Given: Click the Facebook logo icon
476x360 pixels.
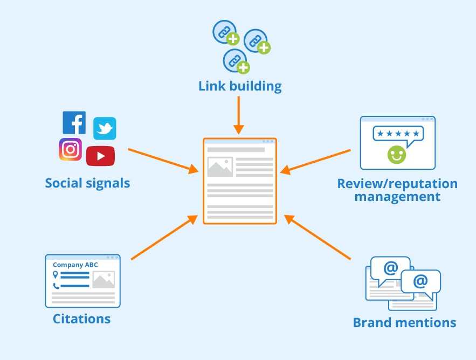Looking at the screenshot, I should tap(74, 122).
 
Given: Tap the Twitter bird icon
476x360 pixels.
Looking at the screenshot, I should tap(105, 129).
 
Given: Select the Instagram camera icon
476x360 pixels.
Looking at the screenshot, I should tap(71, 149).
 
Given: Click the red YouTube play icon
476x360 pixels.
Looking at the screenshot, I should tap(100, 156).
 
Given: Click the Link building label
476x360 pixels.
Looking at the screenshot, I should tap(240, 86).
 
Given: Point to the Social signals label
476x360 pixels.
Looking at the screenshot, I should tap(87, 183).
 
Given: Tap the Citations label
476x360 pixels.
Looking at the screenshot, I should tap(81, 319).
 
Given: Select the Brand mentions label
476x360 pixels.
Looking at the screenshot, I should tap(404, 322).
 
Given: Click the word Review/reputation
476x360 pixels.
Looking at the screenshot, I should tap(397, 183).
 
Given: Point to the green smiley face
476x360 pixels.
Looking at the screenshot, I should tap(397, 155).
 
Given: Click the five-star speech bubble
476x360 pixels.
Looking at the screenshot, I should tap(398, 134).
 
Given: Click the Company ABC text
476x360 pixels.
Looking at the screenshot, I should tap(75, 265).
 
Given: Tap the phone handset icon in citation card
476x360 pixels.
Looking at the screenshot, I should tap(55, 286).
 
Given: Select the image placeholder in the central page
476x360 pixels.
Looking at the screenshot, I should tap(220, 167).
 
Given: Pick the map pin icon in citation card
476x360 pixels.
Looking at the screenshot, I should tap(55, 275).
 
